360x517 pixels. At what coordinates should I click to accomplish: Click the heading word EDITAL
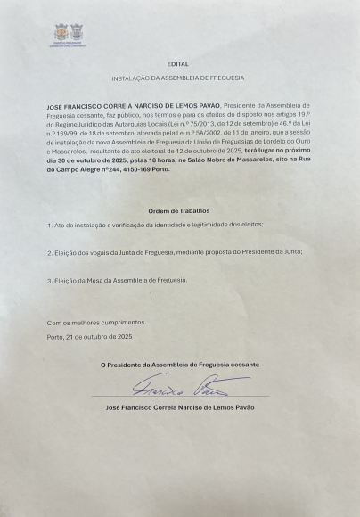tap(178, 65)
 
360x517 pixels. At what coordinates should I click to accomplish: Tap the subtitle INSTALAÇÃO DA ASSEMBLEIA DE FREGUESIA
tap(178, 80)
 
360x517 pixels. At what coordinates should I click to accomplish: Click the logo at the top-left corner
tap(65, 32)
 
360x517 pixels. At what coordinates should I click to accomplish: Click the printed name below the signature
tap(178, 406)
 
